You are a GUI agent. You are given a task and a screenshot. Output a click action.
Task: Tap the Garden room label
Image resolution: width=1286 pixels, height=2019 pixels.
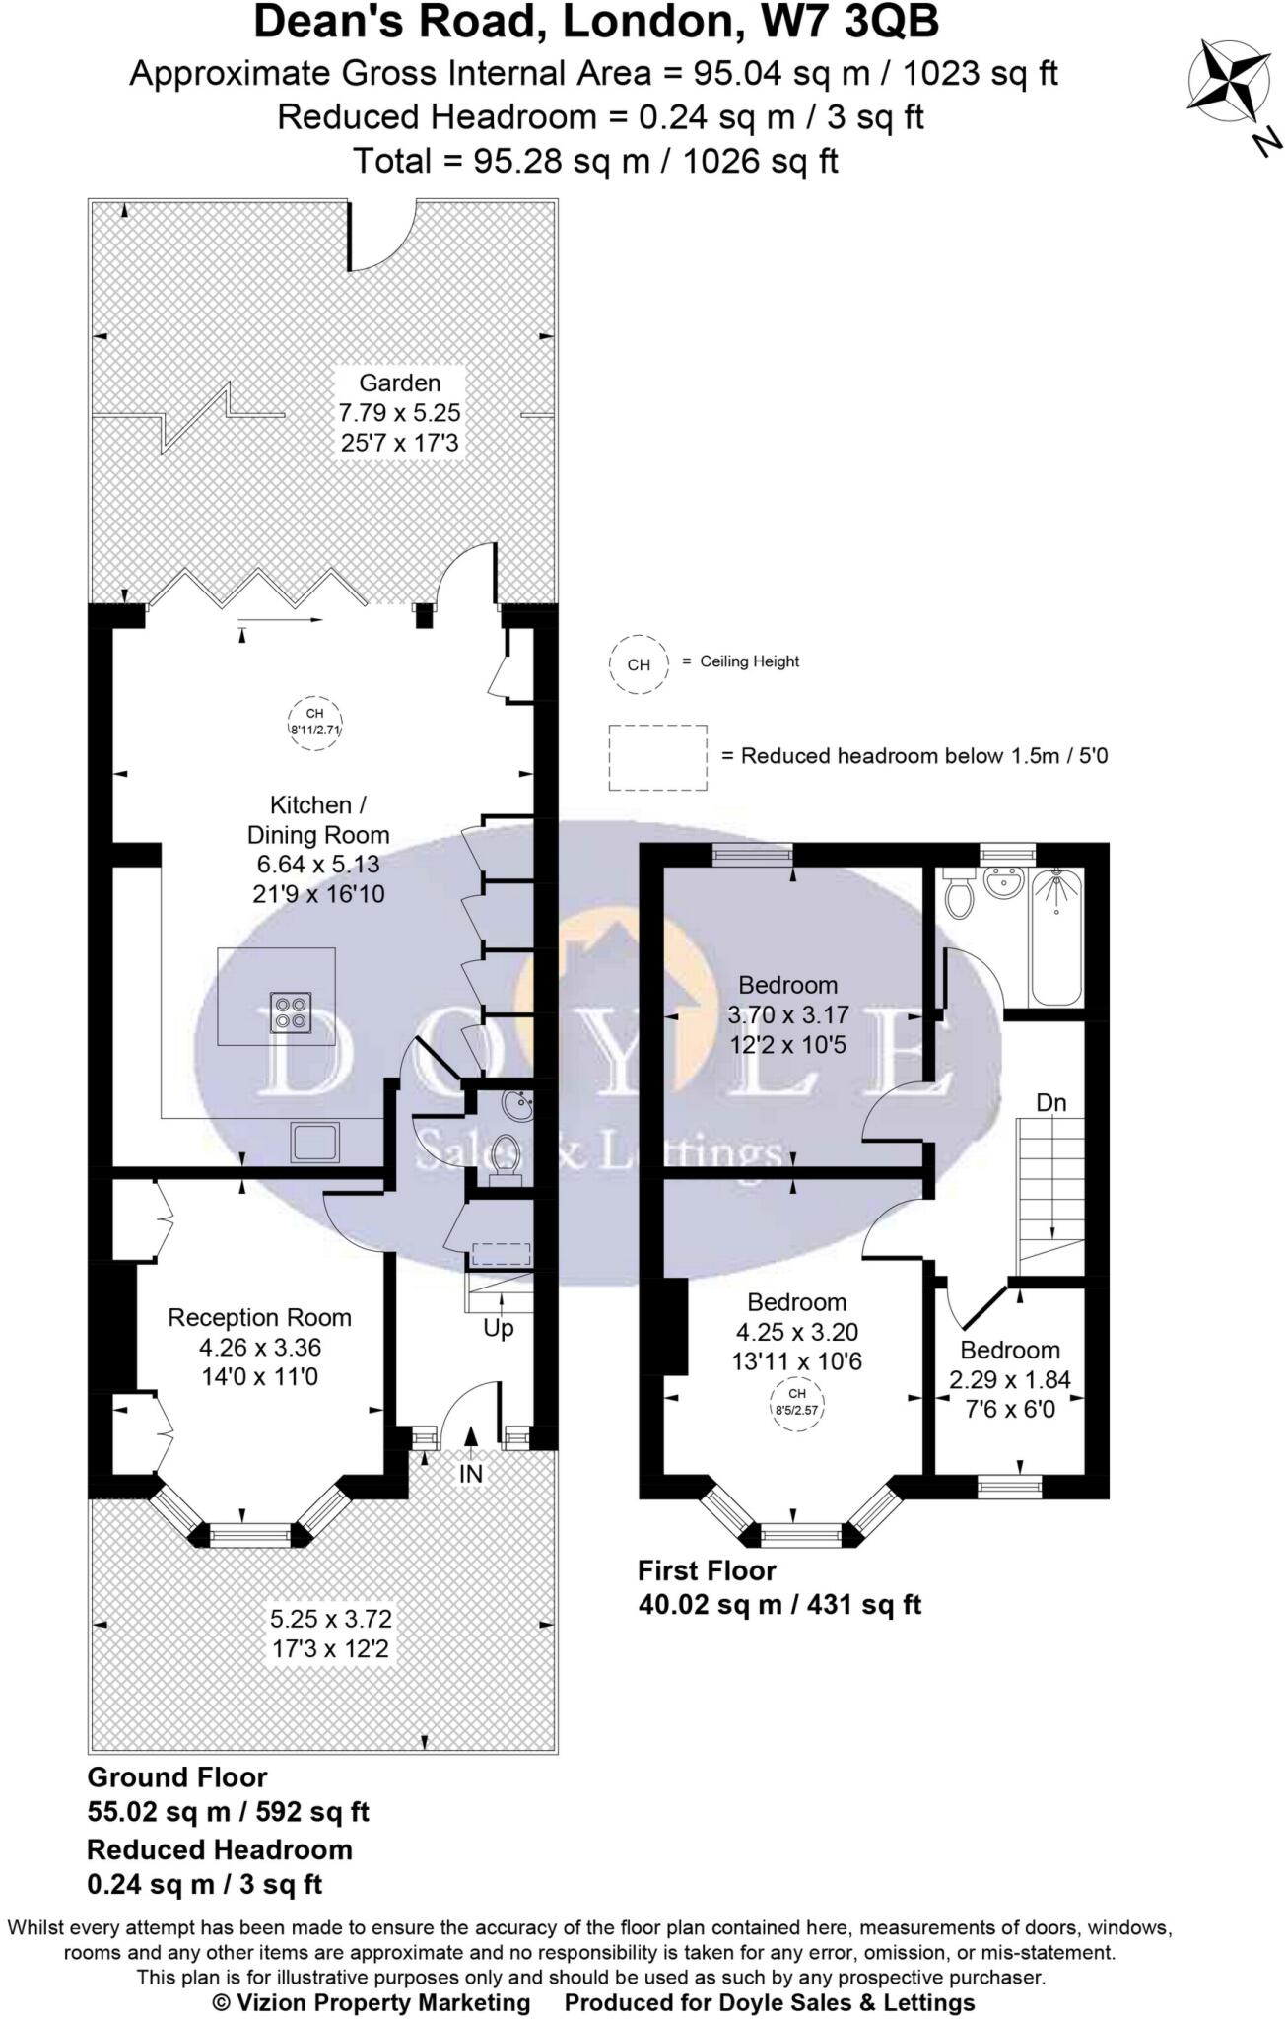click(399, 383)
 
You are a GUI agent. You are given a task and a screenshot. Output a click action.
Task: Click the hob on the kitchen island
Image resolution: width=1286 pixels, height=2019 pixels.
click(292, 1011)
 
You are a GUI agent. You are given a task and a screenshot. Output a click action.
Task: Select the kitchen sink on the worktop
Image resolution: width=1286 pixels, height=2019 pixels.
click(315, 1142)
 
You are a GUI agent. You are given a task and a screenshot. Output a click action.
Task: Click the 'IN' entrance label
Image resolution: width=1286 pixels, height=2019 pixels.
click(471, 1473)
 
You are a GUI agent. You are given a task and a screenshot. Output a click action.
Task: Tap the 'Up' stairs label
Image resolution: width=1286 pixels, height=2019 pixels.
click(499, 1328)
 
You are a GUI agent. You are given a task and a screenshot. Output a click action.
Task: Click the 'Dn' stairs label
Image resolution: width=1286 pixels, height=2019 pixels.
click(1051, 1102)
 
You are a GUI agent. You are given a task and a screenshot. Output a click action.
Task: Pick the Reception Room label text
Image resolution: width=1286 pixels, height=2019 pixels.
click(259, 1317)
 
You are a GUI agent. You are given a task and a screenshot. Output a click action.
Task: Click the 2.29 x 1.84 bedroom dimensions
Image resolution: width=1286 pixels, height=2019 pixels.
click(1009, 1379)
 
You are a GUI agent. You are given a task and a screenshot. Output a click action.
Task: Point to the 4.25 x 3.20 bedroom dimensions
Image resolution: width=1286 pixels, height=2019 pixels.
click(797, 1332)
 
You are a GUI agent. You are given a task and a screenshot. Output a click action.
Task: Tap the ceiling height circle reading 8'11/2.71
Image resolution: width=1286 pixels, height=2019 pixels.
click(314, 724)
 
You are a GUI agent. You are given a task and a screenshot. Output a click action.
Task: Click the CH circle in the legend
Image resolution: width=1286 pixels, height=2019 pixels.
click(639, 664)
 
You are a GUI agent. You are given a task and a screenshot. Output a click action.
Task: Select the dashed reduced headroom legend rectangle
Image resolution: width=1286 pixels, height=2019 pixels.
click(657, 757)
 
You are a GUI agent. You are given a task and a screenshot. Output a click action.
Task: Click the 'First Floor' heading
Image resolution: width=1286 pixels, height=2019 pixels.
click(707, 1569)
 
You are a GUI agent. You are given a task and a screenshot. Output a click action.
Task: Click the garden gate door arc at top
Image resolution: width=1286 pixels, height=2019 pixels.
click(382, 237)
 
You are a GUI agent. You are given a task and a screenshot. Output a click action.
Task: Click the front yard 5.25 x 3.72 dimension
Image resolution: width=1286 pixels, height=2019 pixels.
click(331, 1618)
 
